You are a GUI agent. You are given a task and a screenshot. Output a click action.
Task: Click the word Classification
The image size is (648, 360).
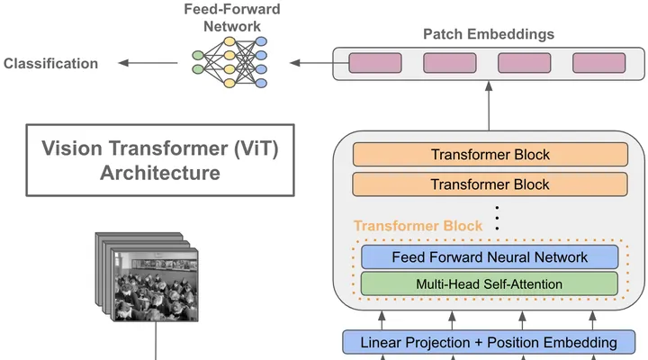click(50, 64)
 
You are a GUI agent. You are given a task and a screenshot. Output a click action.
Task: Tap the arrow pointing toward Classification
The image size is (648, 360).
click(148, 63)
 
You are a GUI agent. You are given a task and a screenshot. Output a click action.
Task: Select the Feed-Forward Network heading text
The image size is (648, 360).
click(232, 18)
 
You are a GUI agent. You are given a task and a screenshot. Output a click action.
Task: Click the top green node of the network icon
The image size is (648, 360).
click(198, 56)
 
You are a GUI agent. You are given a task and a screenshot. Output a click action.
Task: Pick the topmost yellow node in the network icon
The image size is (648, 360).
click(229, 41)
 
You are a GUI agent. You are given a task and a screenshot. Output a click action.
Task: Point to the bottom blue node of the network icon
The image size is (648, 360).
click(261, 83)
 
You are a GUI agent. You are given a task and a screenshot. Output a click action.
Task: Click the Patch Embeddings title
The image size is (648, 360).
click(489, 34)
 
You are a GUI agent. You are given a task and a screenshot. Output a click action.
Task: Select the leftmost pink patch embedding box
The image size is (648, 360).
click(375, 63)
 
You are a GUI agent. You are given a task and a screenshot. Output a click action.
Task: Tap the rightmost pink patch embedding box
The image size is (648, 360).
click(598, 63)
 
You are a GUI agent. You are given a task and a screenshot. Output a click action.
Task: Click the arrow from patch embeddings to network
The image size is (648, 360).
click(319, 63)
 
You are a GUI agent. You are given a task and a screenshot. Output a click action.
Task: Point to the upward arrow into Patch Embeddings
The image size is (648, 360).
click(489, 106)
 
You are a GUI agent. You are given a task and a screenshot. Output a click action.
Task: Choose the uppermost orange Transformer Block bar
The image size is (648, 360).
click(490, 155)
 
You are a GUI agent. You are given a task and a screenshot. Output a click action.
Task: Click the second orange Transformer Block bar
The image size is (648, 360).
click(490, 184)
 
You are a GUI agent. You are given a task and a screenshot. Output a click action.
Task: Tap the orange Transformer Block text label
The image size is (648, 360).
click(418, 226)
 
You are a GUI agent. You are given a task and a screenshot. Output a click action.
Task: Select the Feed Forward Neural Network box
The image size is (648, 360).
click(490, 257)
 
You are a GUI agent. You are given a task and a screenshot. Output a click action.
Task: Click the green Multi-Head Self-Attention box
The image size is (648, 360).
click(490, 283)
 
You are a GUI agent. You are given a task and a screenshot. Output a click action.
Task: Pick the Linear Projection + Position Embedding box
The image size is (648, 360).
click(489, 342)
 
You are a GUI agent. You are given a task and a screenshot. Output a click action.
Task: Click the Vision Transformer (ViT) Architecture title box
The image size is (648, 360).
click(160, 160)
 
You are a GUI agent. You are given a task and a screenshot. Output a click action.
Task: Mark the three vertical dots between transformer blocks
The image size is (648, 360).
click(497, 218)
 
